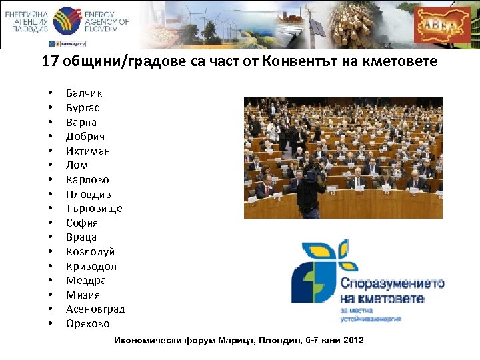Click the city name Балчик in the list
tap(84, 93)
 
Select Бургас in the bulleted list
tap(83, 108)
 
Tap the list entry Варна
tap(81, 123)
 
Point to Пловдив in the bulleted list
tap(89, 195)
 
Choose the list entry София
tap(82, 223)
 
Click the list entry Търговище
tap(94, 209)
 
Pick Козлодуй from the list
tap(90, 252)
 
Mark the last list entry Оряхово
tap(88, 324)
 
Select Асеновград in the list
tap(95, 309)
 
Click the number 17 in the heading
tap(49, 62)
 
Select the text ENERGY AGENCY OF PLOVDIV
tap(107, 22)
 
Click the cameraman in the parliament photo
tap(310, 189)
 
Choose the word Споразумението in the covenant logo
tap(392, 283)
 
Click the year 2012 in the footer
tap(351, 341)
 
